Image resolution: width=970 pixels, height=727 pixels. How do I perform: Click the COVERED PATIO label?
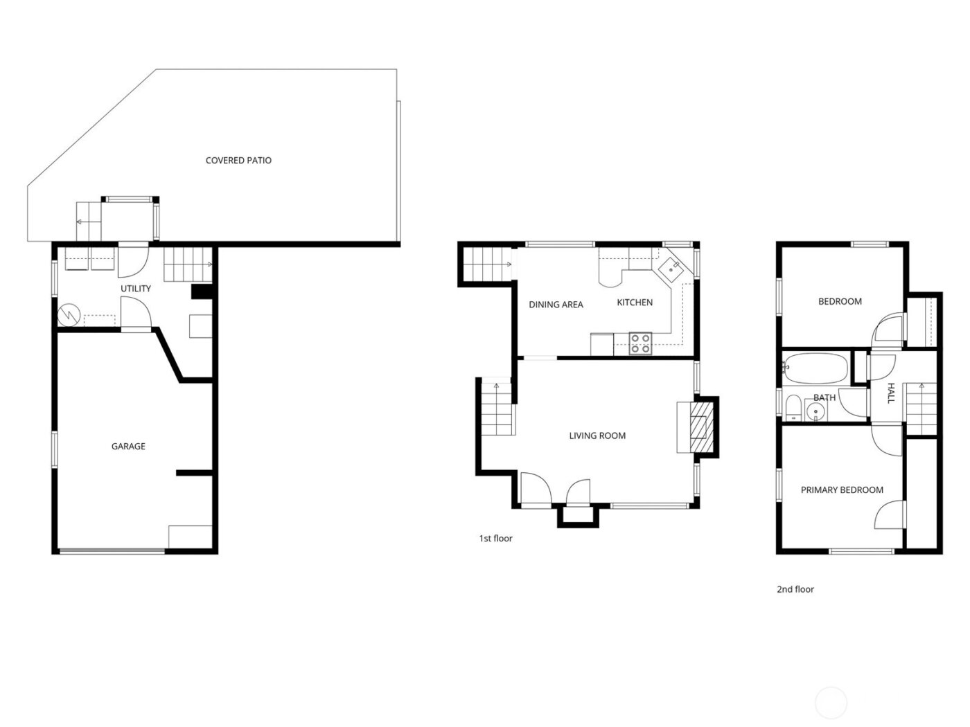[238, 161]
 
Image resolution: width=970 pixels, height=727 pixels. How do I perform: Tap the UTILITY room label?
[136, 288]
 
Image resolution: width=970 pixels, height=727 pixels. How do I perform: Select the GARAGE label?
[128, 447]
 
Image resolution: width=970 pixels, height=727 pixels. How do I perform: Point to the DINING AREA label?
[556, 305]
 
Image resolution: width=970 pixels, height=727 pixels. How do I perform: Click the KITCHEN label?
[635, 303]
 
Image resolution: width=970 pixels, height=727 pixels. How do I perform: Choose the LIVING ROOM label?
[597, 436]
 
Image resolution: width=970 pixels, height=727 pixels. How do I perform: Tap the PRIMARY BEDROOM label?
[842, 490]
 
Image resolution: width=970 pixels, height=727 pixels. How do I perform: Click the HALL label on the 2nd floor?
[891, 393]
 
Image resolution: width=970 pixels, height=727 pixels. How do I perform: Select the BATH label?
[824, 398]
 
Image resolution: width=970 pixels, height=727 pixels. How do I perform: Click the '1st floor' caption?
[495, 539]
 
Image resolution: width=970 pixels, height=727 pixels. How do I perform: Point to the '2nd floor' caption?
[795, 590]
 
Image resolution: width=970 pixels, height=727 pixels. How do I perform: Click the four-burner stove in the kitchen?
[641, 343]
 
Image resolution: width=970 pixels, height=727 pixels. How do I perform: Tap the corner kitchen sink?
[671, 269]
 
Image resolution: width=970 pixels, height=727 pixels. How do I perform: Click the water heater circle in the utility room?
[69, 316]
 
